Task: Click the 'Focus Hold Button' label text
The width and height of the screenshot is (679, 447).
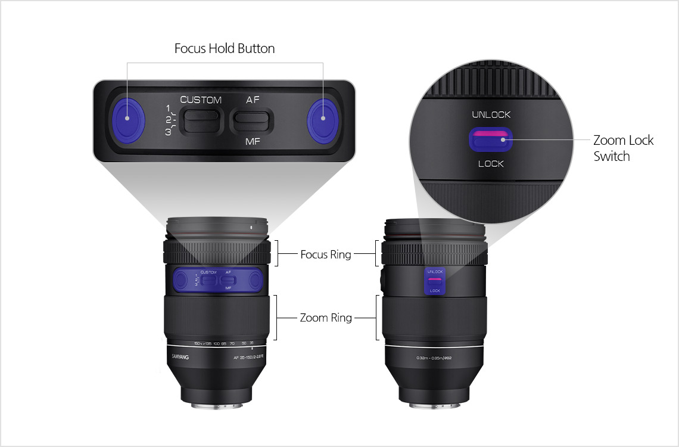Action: coord(225,49)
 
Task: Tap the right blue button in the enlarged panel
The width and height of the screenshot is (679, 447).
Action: coord(323,117)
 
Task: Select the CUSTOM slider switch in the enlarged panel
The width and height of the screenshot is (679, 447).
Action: coord(201,120)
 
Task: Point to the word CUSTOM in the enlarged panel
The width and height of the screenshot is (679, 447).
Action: coord(201,100)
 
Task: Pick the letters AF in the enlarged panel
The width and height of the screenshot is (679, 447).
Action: coord(253,100)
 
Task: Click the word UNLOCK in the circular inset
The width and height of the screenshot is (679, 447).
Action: coord(491,114)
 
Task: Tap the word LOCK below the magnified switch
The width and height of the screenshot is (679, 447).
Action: coord(491,163)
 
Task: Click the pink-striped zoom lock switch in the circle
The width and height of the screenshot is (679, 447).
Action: coord(490,140)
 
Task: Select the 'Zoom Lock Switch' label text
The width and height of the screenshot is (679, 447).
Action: coord(623,148)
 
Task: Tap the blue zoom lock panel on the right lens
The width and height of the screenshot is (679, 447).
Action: coord(435,280)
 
